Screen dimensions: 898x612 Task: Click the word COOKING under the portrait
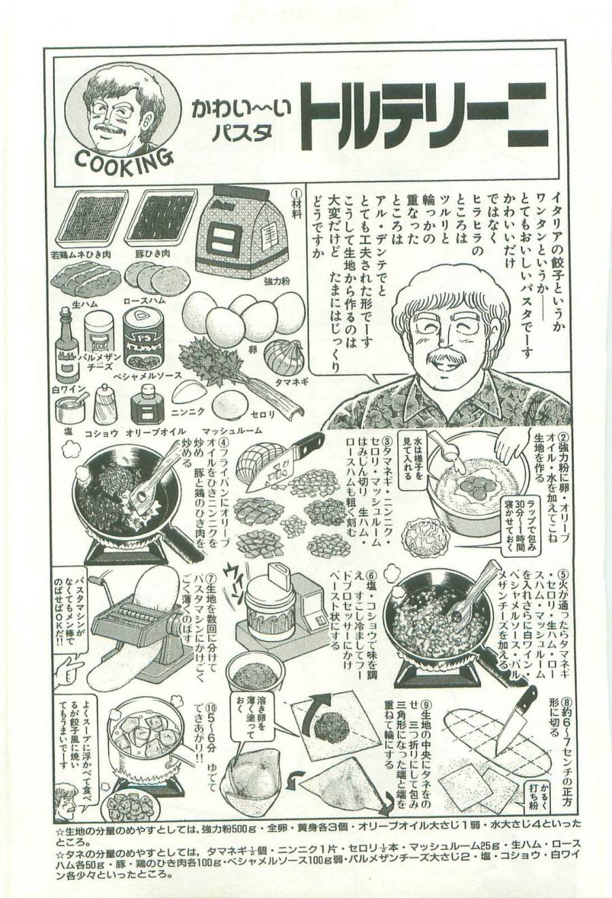click(122, 161)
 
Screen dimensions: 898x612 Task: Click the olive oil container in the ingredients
click(148, 405)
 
